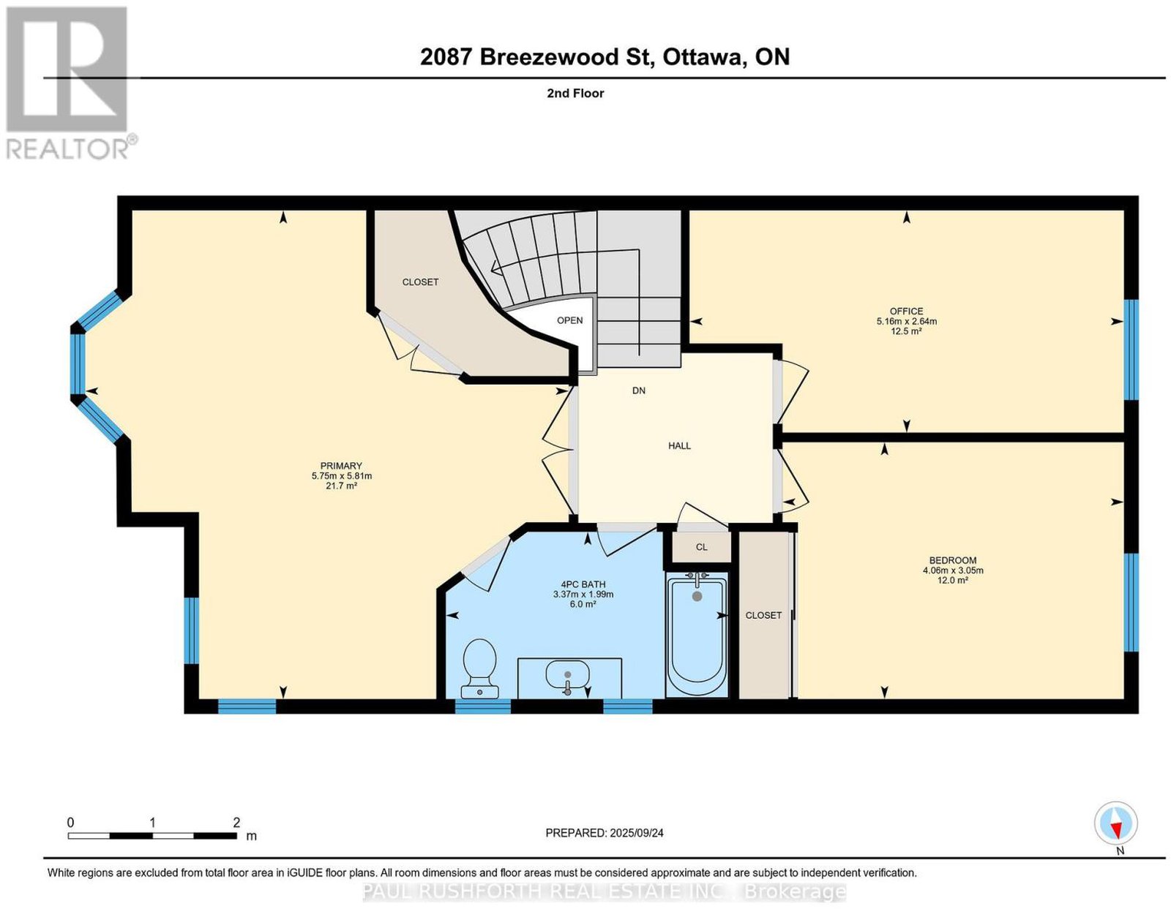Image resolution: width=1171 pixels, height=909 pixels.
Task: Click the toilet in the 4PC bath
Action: point(479,668)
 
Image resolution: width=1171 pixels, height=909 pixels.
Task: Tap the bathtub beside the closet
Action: point(697,635)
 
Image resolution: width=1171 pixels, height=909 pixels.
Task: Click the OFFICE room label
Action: point(906,311)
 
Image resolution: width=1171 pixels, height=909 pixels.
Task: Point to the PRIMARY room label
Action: point(341,466)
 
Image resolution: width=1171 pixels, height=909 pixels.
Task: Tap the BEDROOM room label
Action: point(953,560)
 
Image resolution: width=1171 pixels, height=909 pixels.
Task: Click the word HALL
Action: point(679,445)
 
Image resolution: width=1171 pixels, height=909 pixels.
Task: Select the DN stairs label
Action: point(639,391)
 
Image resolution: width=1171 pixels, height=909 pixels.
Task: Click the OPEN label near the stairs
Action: point(569,320)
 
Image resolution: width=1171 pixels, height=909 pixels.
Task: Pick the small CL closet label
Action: point(701,547)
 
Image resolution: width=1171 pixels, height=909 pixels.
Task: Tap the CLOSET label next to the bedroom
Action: point(763,615)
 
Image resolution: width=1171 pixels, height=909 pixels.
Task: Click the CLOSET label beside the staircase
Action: point(420,282)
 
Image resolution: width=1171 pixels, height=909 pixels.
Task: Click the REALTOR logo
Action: point(69,83)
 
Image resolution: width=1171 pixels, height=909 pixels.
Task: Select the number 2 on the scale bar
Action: point(236,823)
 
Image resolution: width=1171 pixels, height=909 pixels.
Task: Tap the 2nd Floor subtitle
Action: point(575,93)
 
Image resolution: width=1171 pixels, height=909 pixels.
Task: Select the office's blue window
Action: point(1131,350)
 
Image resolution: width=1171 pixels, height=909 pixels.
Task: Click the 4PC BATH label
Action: point(583,584)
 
